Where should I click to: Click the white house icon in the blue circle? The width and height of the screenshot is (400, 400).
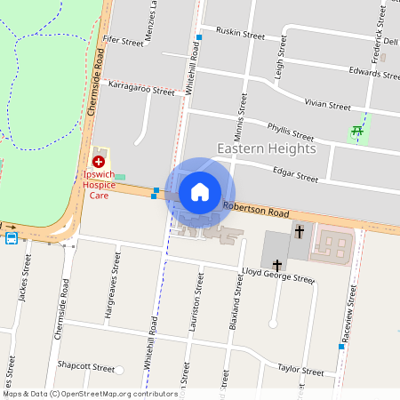[x=200, y=192]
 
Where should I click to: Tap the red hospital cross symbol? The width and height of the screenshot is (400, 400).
[x=99, y=163]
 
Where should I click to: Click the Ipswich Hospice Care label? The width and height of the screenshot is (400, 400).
[x=99, y=184]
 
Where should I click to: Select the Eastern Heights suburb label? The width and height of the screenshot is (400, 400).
[x=267, y=148]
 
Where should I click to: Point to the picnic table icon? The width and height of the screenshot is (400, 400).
[x=357, y=132]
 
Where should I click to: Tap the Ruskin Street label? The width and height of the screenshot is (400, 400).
[x=241, y=36]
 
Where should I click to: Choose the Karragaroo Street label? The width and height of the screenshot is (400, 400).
[x=141, y=90]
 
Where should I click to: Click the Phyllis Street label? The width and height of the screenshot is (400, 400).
[x=291, y=132]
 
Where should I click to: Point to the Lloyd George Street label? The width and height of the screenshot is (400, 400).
[x=277, y=278]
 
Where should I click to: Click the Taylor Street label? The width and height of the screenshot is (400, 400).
[x=300, y=370]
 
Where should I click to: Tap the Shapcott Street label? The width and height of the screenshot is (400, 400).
[x=86, y=366]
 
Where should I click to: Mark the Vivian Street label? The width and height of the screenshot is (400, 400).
[x=328, y=105]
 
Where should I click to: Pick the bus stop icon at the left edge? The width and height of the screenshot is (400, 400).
[x=11, y=238]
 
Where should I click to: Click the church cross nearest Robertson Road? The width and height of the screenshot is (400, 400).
[x=300, y=231]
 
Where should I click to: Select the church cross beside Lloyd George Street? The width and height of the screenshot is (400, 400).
[x=277, y=264]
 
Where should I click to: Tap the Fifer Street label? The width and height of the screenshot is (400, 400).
[x=123, y=41]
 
